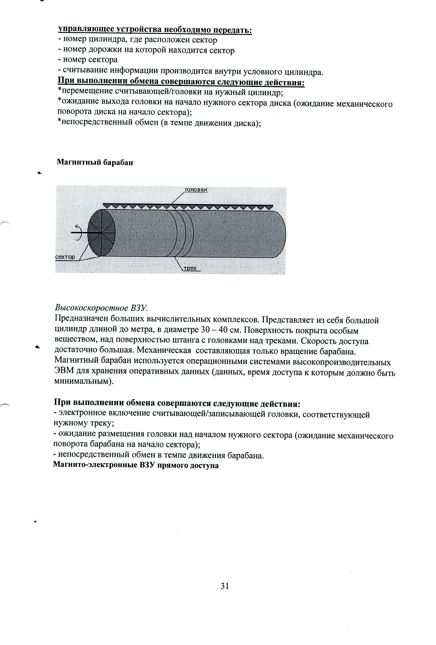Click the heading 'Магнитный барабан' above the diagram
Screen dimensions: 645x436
coord(95,163)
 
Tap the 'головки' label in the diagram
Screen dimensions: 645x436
coord(195,190)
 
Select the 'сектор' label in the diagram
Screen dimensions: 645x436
coord(65,257)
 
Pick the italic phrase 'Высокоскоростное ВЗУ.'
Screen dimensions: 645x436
coord(101,308)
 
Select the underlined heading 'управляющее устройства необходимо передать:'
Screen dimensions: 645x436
coord(155,30)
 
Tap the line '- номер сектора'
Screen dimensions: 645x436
coord(88,60)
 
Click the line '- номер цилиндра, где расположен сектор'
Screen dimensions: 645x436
coord(137,40)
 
